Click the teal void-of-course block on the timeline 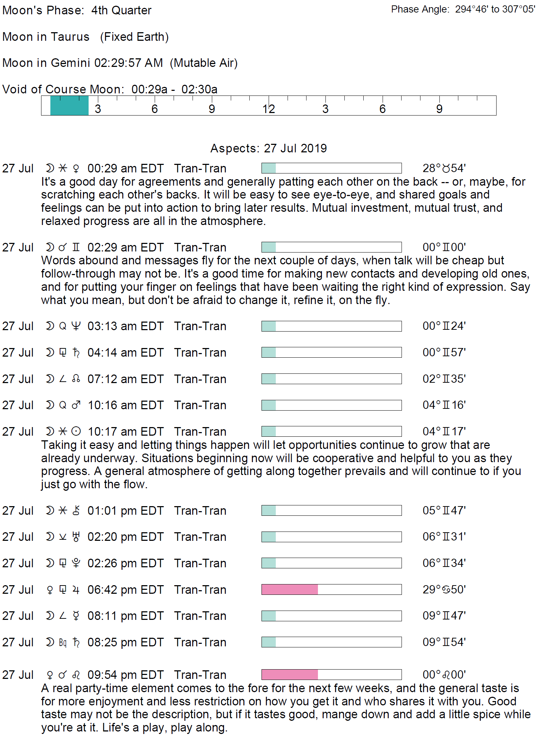69,106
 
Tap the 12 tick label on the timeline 269,109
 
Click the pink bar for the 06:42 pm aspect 290,589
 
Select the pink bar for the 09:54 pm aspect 290,675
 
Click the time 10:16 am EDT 125,405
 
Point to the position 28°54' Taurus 444,168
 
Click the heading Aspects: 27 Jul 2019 269,148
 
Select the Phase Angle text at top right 463,9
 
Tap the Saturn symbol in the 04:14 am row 76,353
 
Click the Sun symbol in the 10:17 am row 76,431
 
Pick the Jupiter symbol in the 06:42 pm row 76,590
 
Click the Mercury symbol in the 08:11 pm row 76,616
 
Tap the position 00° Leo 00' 444,675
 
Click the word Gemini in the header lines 70,63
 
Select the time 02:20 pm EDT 125,537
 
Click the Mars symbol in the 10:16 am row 76,405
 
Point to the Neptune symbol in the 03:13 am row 76,326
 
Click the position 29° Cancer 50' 444,589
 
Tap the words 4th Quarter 121,10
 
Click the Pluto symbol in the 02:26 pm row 76,563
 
